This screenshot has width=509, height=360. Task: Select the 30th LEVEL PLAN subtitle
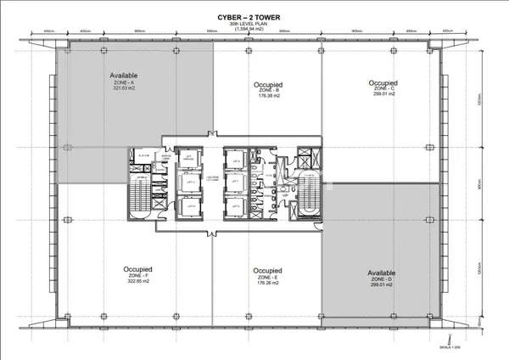pyautogui.click(x=255, y=21)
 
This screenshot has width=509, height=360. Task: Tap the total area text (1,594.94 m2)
pyautogui.click(x=255, y=28)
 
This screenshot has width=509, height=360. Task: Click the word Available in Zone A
pyautogui.click(x=124, y=76)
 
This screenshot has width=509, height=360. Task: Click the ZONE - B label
pyautogui.click(x=268, y=91)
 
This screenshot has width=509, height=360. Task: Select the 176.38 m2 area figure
pyautogui.click(x=268, y=97)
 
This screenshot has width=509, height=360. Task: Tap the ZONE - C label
pyautogui.click(x=383, y=88)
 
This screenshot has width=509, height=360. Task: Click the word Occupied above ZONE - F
pyautogui.click(x=136, y=269)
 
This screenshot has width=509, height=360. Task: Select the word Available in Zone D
pyautogui.click(x=381, y=273)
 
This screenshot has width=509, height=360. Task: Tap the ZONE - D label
pyautogui.click(x=381, y=280)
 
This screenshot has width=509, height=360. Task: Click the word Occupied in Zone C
pyautogui.click(x=383, y=82)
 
